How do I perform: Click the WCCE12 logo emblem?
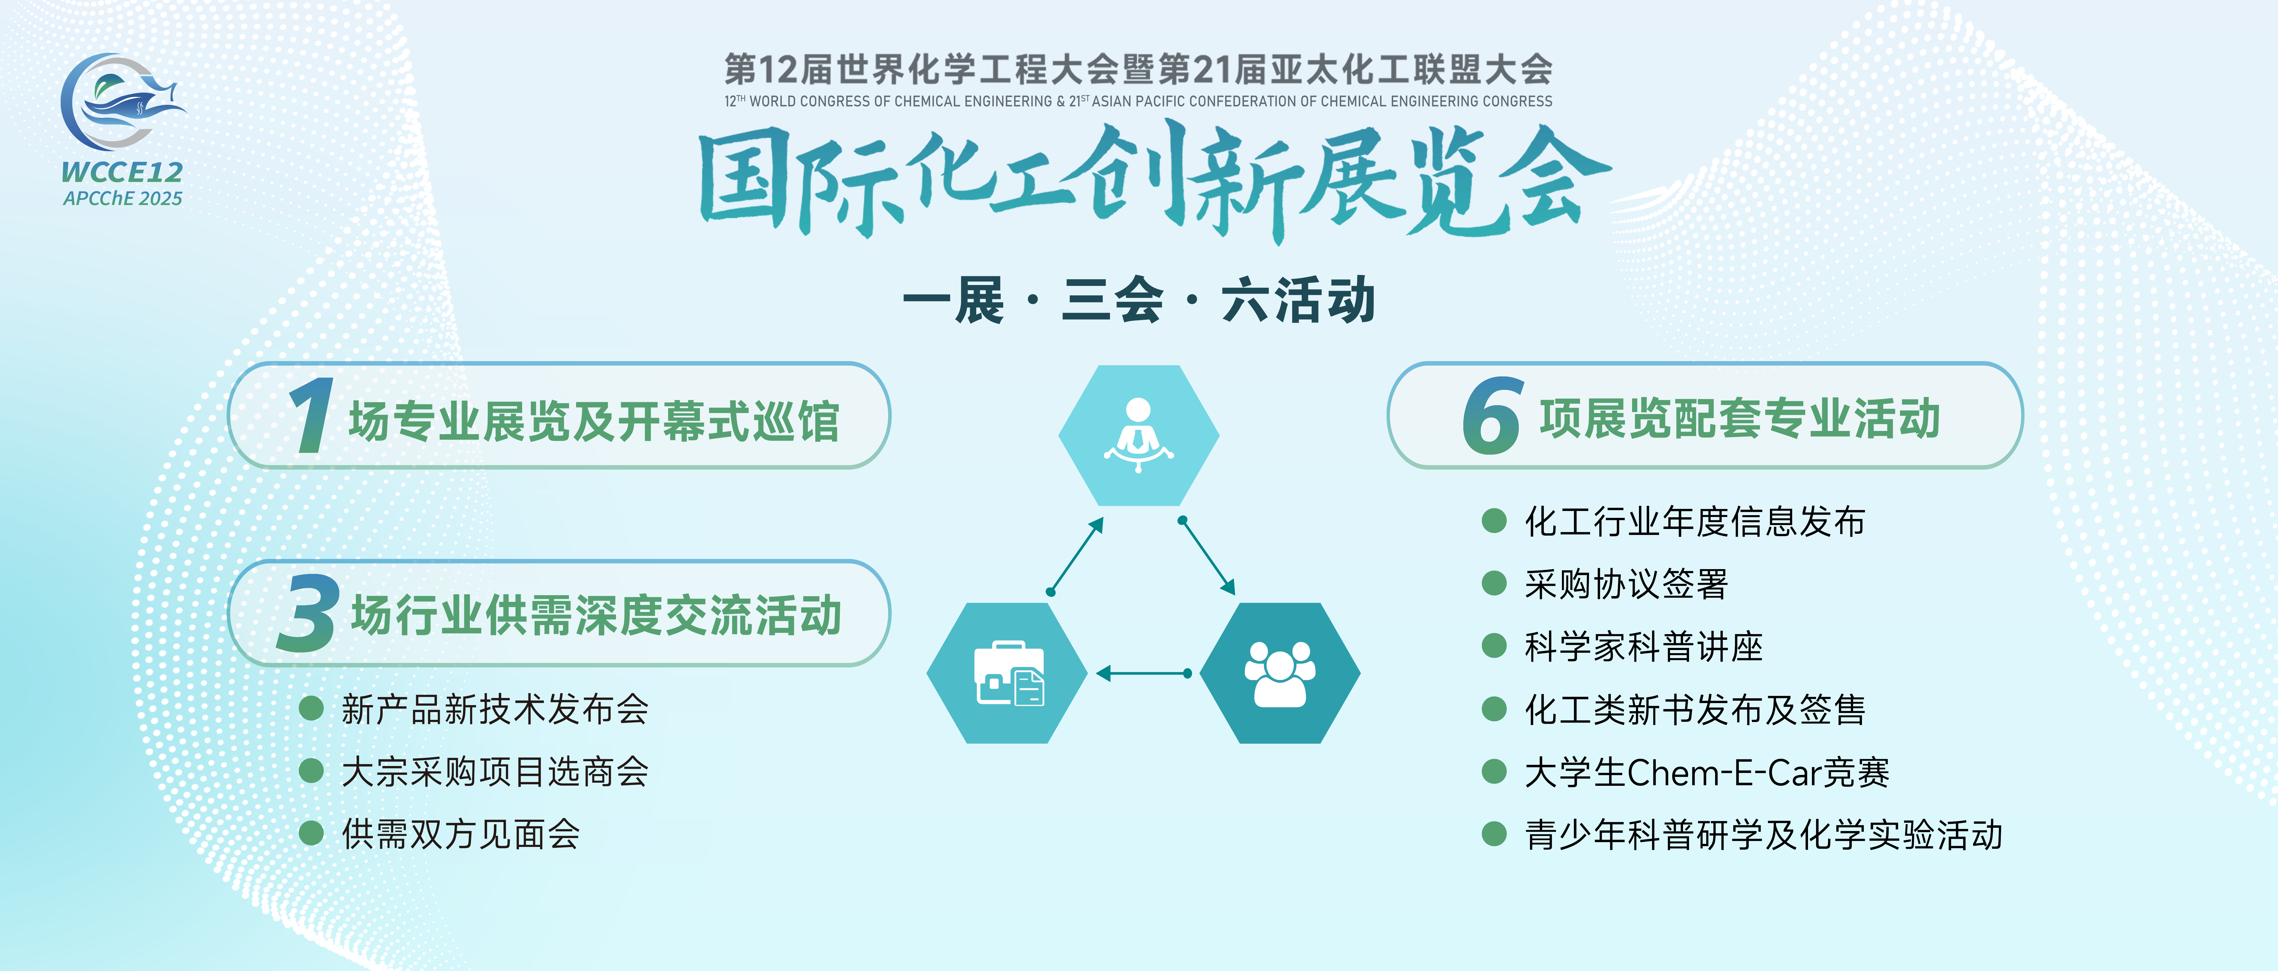[x=122, y=102]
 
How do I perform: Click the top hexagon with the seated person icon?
[x=1139, y=435]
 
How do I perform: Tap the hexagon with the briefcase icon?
[x=1007, y=673]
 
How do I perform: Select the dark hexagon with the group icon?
[x=1280, y=673]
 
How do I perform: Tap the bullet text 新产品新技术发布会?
[x=495, y=709]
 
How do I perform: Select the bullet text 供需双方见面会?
[x=461, y=834]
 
